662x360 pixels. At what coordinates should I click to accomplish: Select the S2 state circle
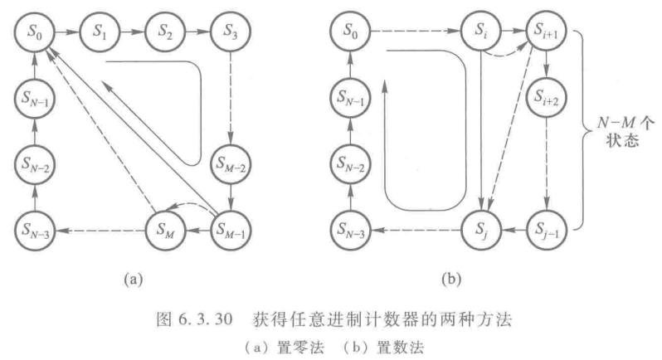165,34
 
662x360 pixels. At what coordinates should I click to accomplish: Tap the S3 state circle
228,34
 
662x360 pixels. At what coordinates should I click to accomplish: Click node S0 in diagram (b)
353,34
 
